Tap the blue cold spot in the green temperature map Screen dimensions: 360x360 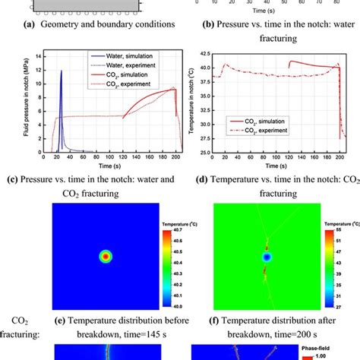[266, 257]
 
